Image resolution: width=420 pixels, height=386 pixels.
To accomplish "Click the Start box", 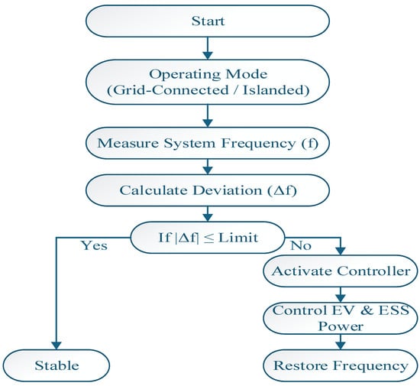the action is pos(208,21).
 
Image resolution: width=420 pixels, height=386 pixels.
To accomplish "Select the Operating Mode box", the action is pos(208,82).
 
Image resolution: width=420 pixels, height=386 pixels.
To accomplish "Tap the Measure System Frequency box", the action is pos(208,143).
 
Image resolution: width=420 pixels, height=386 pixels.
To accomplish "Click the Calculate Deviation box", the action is pos(208,190).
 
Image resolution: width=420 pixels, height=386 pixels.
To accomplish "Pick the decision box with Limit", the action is pos(208,237).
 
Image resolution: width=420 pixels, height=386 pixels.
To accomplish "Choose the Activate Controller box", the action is pos(341,271).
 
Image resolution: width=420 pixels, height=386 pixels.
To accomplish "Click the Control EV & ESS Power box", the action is pos(341,318).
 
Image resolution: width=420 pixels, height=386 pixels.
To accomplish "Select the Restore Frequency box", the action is pos(341,365).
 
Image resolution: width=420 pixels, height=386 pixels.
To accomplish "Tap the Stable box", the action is pos(57,365).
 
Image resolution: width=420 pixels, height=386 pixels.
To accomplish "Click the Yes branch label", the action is pos(94,245).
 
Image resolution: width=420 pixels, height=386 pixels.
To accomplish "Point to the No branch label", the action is pos(301,245).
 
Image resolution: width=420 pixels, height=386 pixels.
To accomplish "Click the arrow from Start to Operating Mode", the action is pos(208,48).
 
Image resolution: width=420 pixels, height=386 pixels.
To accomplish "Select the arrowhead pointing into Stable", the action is pos(57,345).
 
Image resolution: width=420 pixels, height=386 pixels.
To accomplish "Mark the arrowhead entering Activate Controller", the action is pos(341,251).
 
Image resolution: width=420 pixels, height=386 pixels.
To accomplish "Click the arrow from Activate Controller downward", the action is pos(341,294).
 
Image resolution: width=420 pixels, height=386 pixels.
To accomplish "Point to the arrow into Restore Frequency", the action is pos(341,342).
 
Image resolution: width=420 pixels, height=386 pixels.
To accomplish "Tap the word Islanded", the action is pos(276,90).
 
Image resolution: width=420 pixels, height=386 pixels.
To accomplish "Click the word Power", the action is pos(341,326).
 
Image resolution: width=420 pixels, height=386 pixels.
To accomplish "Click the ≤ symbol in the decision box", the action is pos(208,238).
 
